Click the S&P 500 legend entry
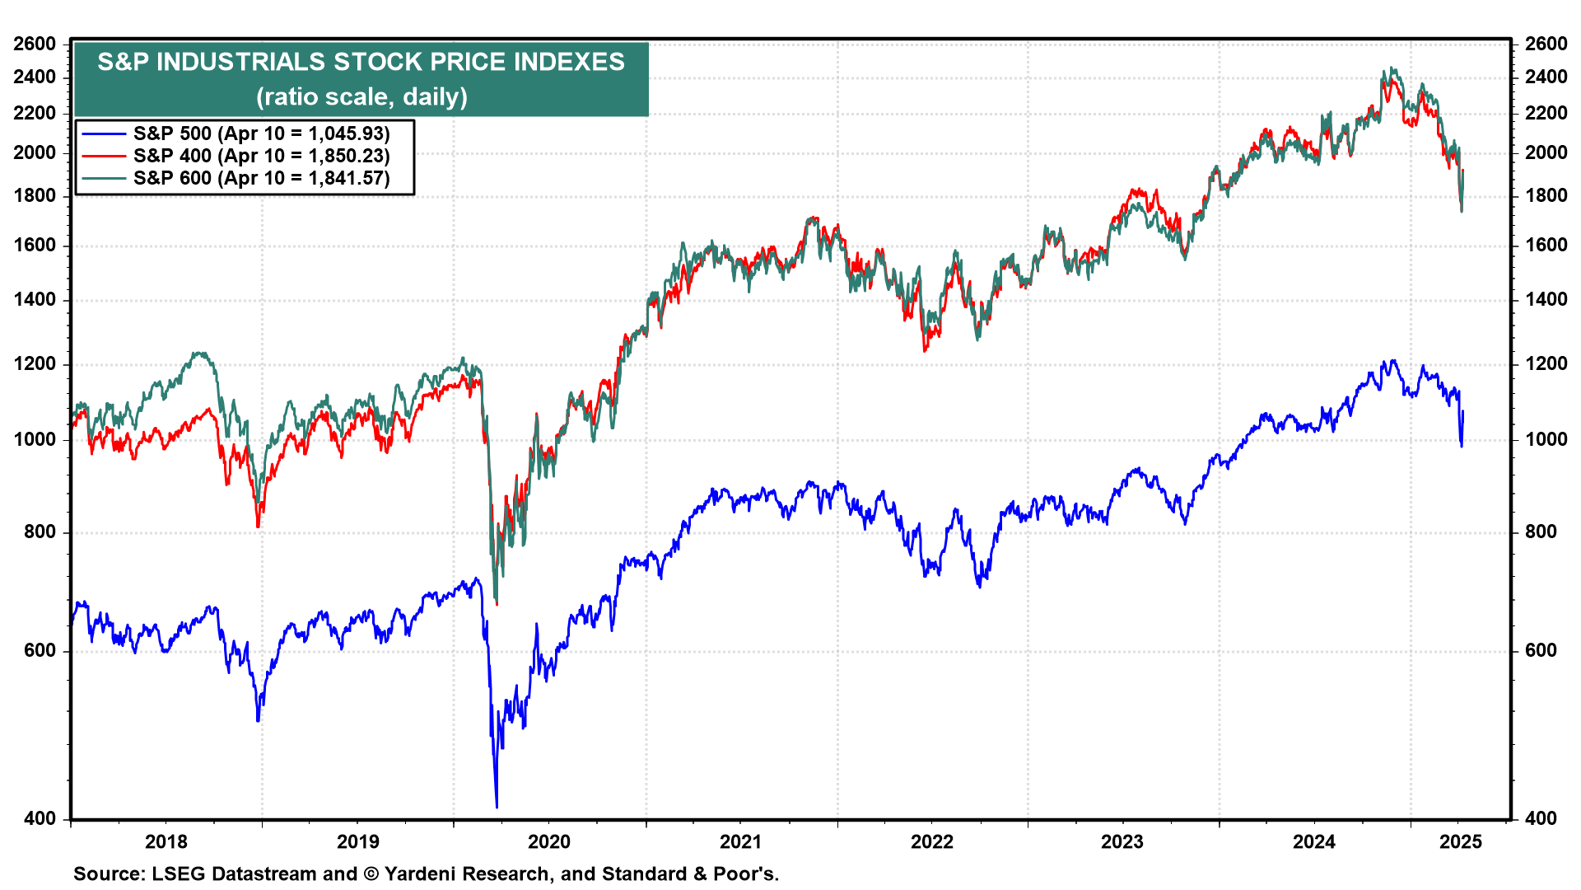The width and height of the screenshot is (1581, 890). tap(261, 133)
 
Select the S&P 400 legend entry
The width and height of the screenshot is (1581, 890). tap(261, 156)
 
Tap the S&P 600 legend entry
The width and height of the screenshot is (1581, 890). tap(261, 178)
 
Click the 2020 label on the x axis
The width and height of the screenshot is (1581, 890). tap(549, 841)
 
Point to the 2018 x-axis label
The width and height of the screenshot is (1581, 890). tap(166, 841)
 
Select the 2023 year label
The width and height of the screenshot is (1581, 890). tap(1122, 841)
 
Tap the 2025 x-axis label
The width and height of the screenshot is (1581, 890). tap(1461, 841)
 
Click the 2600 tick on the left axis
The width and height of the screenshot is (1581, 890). tap(35, 44)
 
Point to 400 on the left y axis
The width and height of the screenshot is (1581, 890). tap(40, 818)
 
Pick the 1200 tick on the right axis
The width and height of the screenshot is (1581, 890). tap(1546, 363)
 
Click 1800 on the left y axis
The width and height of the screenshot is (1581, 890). tap(35, 195)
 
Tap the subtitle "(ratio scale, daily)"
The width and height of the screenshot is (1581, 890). tap(361, 96)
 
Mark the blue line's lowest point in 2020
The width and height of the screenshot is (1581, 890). tap(497, 807)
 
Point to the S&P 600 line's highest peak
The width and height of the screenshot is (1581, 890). tap(1392, 68)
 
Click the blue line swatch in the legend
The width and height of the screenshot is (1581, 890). tap(104, 133)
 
